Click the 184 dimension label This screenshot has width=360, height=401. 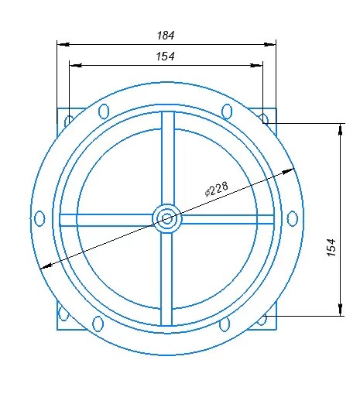point(166,36)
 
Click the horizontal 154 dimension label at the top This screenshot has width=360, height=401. point(165,57)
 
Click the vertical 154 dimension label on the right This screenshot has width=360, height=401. point(331,248)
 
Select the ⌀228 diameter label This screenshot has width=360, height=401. point(217,189)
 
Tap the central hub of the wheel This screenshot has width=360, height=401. point(167,219)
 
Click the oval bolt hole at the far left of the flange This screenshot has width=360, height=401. point(39,218)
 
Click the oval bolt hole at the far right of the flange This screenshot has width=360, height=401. point(293,218)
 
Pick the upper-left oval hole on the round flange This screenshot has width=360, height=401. point(104,111)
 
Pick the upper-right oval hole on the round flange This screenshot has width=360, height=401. point(227,111)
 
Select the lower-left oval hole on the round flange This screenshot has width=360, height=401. point(98,324)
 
